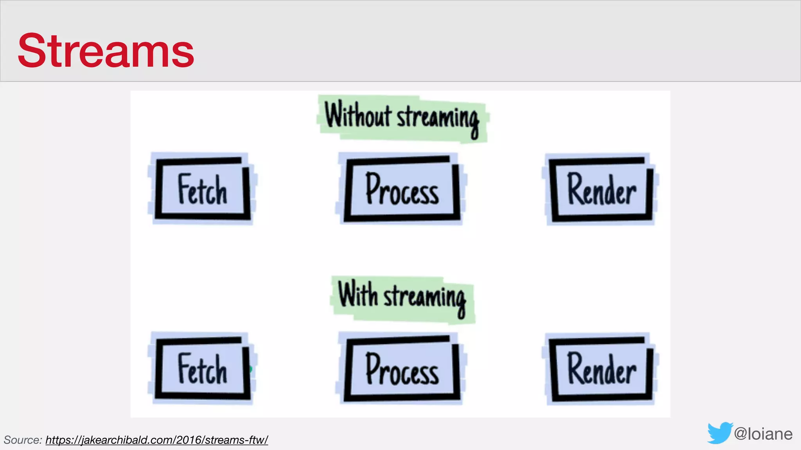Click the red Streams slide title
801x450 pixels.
[x=106, y=51]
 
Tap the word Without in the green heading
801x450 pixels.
[x=357, y=115]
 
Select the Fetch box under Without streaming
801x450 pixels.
[x=202, y=189]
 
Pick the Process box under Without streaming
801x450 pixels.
[x=402, y=189]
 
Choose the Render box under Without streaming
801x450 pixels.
[x=602, y=190]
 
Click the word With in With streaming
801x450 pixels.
[x=357, y=294]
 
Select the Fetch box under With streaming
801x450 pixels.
[x=202, y=369]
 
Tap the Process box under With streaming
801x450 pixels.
[x=402, y=369]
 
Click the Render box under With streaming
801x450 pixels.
[x=602, y=370]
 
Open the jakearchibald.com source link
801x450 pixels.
[x=156, y=440]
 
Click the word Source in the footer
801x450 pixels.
[x=22, y=440]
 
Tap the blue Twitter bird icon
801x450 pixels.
[x=720, y=433]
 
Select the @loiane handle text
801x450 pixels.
[x=763, y=434]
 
